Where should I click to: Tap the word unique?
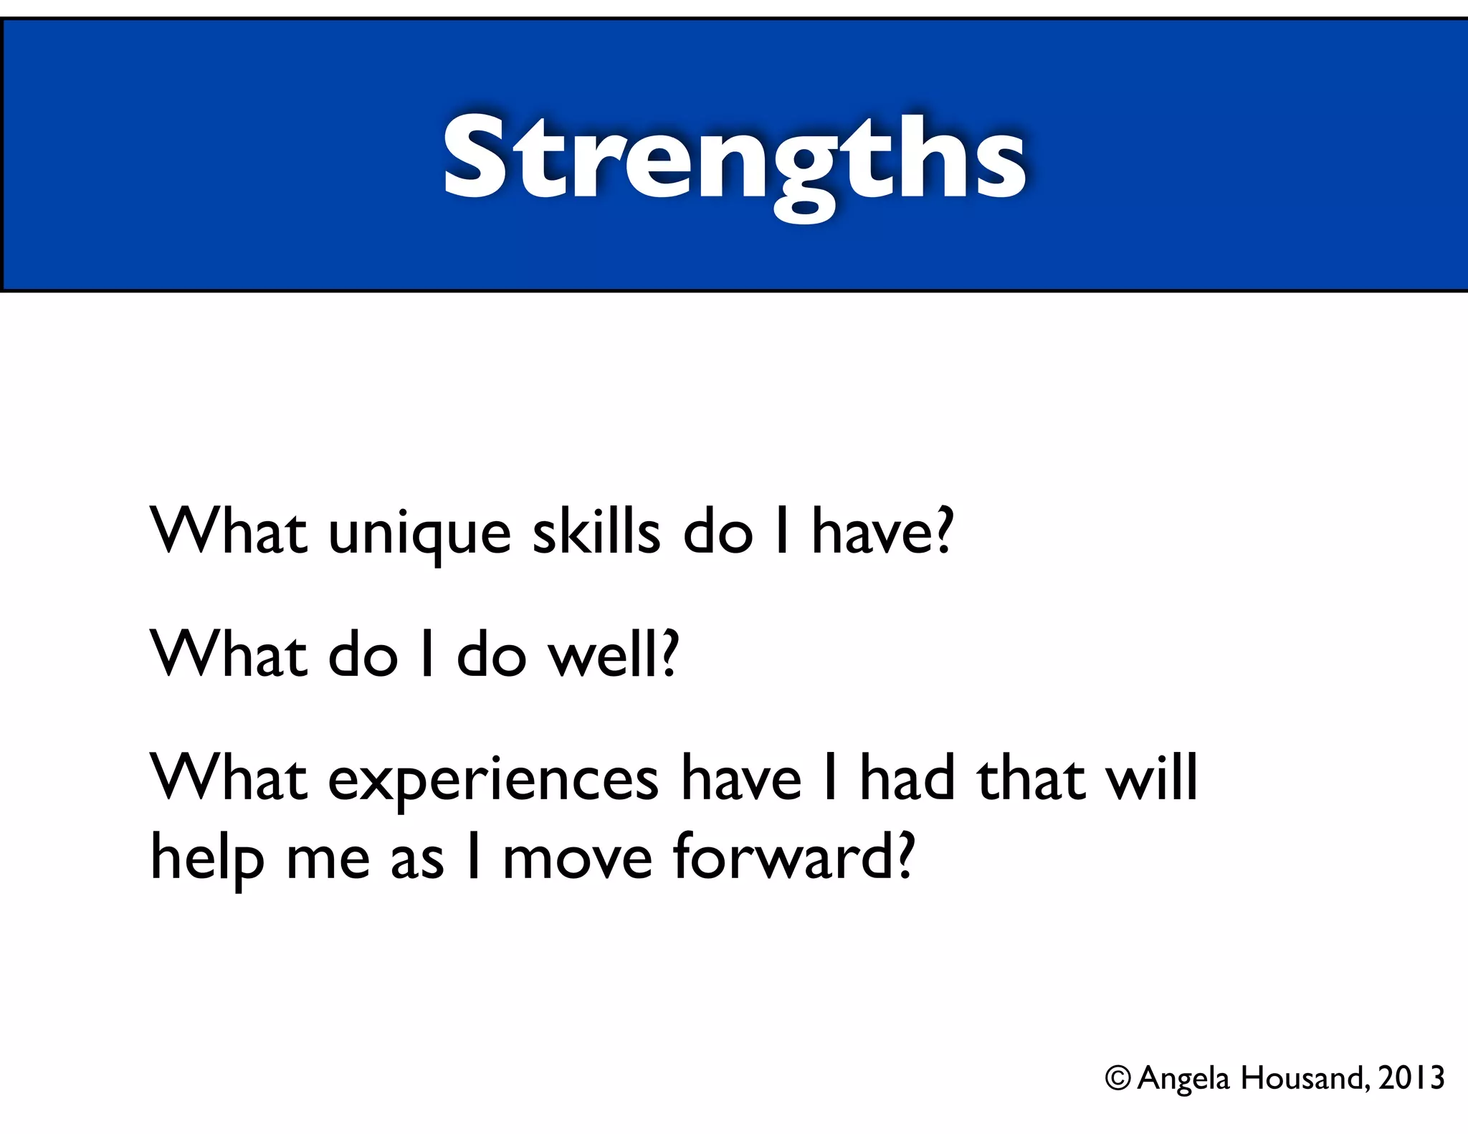click(x=419, y=534)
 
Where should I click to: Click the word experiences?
click(x=493, y=781)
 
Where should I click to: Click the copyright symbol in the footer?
click(x=1117, y=1078)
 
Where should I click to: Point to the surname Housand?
click(x=1305, y=1078)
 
